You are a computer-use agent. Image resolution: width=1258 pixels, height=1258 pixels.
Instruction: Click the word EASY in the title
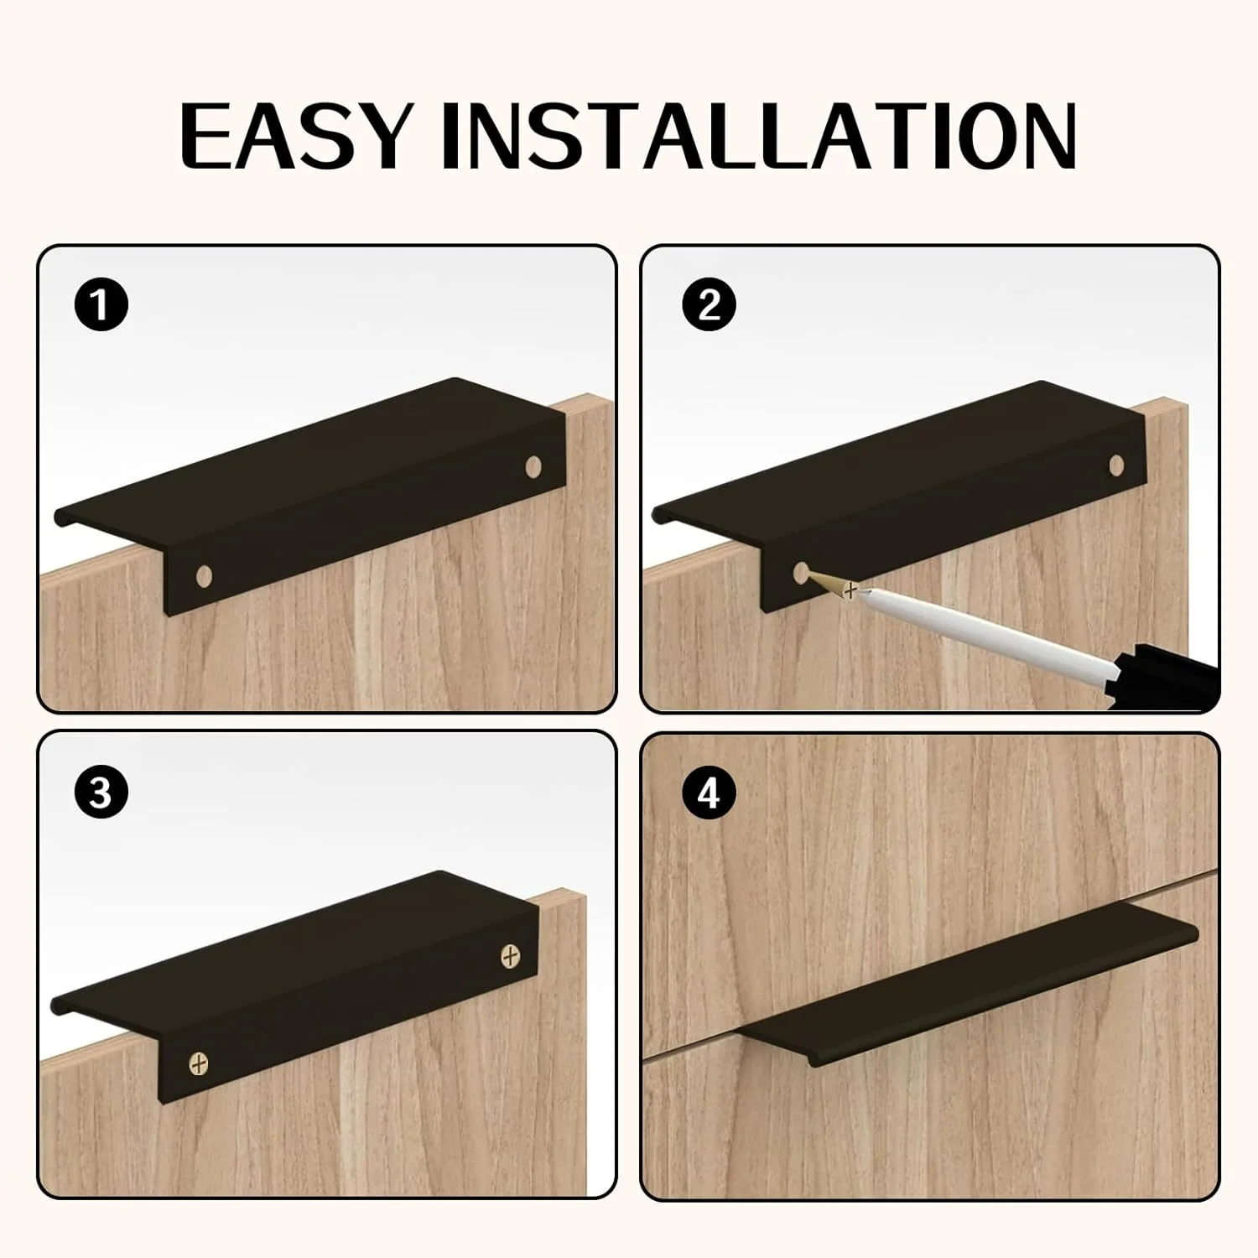click(x=295, y=137)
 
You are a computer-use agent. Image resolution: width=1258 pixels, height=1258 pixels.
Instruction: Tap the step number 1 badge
click(x=101, y=304)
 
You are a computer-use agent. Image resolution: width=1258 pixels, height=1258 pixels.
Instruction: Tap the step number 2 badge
click(x=709, y=304)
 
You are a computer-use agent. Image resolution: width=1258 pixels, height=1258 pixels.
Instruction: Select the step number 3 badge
click(x=101, y=792)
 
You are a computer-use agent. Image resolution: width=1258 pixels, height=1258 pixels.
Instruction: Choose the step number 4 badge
click(x=709, y=792)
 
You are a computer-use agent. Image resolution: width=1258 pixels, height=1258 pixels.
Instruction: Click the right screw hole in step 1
click(x=533, y=465)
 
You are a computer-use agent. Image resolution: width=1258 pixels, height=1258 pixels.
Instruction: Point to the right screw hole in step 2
click(x=1116, y=464)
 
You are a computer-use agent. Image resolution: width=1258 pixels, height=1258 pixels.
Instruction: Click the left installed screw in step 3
click(x=198, y=1063)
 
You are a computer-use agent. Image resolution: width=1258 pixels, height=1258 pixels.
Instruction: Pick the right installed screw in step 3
click(x=510, y=954)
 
